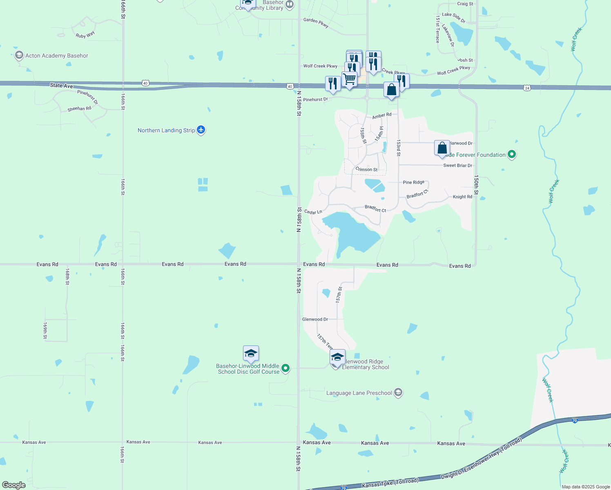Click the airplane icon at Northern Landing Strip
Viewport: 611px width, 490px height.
[x=201, y=130]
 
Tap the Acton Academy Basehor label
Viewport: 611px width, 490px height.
[x=56, y=56]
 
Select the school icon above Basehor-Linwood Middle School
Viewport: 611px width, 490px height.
[x=251, y=354]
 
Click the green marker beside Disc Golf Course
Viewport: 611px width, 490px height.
[x=286, y=369]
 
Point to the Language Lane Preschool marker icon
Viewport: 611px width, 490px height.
[x=398, y=393]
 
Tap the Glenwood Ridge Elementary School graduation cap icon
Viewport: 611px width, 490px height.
[x=337, y=357]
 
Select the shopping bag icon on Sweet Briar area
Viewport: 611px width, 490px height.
[x=442, y=148]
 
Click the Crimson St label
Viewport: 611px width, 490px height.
[x=366, y=169]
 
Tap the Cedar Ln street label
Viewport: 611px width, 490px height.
[x=313, y=212]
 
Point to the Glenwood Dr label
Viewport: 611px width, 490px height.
[x=315, y=319]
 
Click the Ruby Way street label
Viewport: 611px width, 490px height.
[x=85, y=35]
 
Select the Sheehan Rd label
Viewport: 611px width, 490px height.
[x=79, y=109]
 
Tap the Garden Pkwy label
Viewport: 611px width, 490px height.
[x=316, y=22]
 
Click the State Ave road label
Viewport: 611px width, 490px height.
[x=61, y=85]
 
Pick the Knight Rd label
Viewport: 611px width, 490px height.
[x=462, y=197]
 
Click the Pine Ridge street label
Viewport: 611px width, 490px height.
[x=414, y=183]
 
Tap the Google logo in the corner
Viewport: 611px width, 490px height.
[x=14, y=485]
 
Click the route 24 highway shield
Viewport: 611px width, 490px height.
[x=527, y=88]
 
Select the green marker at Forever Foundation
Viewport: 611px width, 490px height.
[x=512, y=154]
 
